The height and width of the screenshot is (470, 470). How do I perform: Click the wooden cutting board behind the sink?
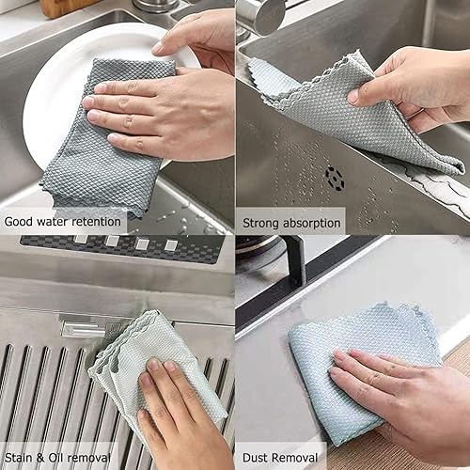(x=66, y=7)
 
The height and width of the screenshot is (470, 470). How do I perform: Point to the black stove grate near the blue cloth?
(x=282, y=282)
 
